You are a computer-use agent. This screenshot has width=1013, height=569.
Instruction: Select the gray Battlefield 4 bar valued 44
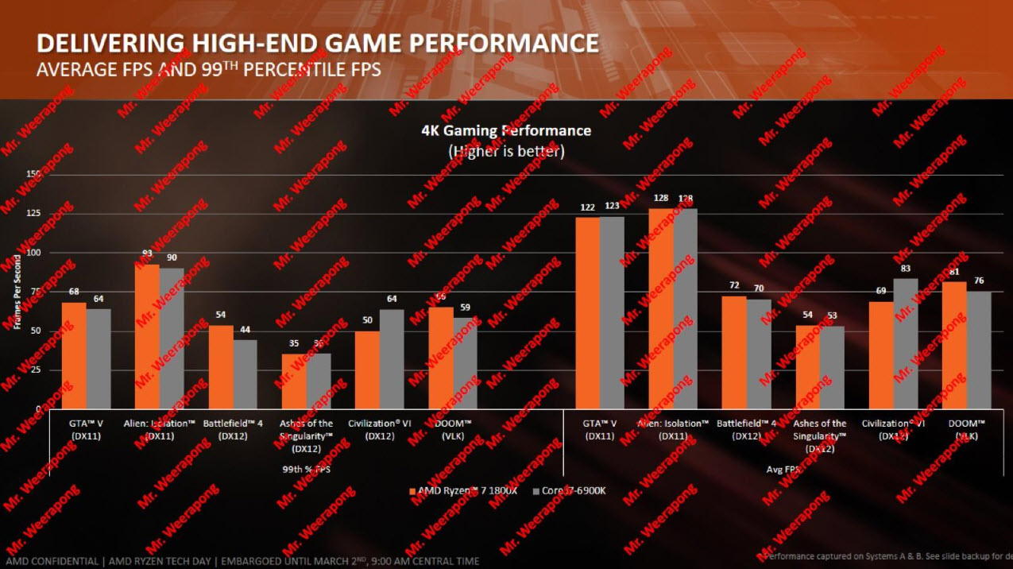click(x=246, y=374)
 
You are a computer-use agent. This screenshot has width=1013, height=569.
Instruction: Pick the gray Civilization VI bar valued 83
click(x=906, y=343)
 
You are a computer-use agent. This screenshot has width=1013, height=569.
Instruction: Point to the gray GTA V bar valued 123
click(x=612, y=312)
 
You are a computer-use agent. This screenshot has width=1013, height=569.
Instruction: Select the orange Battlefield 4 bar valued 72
click(x=733, y=352)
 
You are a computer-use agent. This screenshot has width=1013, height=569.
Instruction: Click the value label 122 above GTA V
click(x=587, y=207)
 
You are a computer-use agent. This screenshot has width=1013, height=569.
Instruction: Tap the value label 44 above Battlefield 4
click(x=246, y=330)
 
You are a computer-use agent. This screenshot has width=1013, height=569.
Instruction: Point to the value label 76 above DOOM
click(x=979, y=281)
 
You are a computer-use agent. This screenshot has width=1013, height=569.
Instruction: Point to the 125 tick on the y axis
click(x=32, y=213)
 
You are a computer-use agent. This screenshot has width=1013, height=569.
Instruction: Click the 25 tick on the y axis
click(x=34, y=370)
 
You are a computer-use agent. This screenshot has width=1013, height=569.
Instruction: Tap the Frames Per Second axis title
click(x=17, y=292)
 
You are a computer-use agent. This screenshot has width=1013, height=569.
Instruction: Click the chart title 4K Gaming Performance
click(x=506, y=130)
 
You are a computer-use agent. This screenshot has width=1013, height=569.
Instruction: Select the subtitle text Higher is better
click(x=506, y=150)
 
